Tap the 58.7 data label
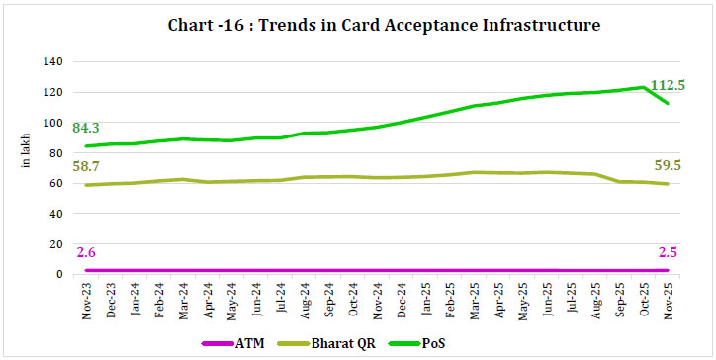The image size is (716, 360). tap(91, 170)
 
